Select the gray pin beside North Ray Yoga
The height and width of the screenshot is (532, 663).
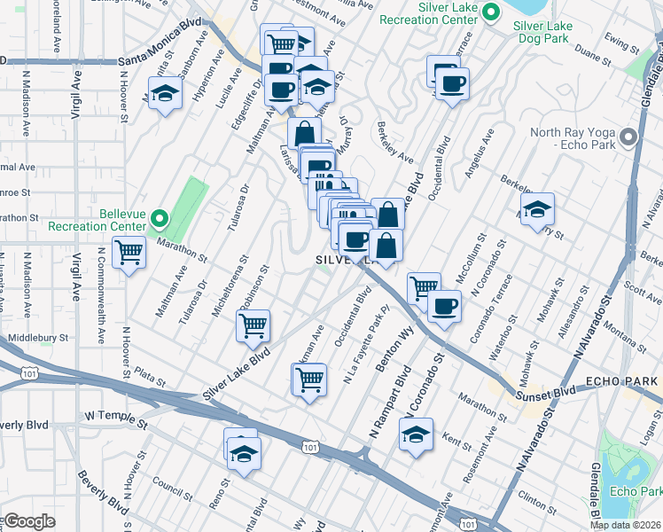tap(628, 137)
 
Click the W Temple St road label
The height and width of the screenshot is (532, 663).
tap(114, 415)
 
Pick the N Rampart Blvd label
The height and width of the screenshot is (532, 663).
tap(382, 406)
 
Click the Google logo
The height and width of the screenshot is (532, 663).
tap(28, 521)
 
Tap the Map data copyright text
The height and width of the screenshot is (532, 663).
tap(625, 525)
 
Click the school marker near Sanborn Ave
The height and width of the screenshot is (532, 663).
tap(165, 92)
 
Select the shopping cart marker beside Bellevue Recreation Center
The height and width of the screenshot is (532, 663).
tap(129, 252)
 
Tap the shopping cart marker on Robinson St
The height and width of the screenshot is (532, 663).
tap(253, 325)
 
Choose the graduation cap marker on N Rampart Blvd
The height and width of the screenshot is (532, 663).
tap(416, 434)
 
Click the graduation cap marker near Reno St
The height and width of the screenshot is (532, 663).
tap(241, 453)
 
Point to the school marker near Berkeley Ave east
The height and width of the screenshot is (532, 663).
tap(536, 210)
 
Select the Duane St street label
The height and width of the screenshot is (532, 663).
tap(593, 51)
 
